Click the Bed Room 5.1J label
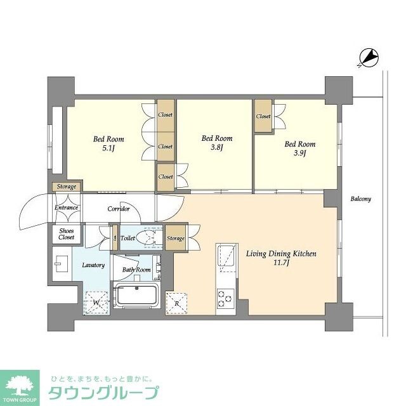(x=108, y=143)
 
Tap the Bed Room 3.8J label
(x=216, y=142)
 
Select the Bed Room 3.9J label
(x=299, y=148)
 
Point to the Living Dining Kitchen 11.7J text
(x=280, y=258)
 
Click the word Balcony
(x=360, y=199)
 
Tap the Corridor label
(x=119, y=209)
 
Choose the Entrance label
(x=66, y=207)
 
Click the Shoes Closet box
(x=66, y=233)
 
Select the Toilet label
(x=127, y=238)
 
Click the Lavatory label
(x=93, y=265)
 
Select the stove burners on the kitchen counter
(x=225, y=298)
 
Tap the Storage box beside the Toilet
(x=175, y=238)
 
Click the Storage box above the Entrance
(x=67, y=187)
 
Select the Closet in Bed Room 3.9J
(x=264, y=116)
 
